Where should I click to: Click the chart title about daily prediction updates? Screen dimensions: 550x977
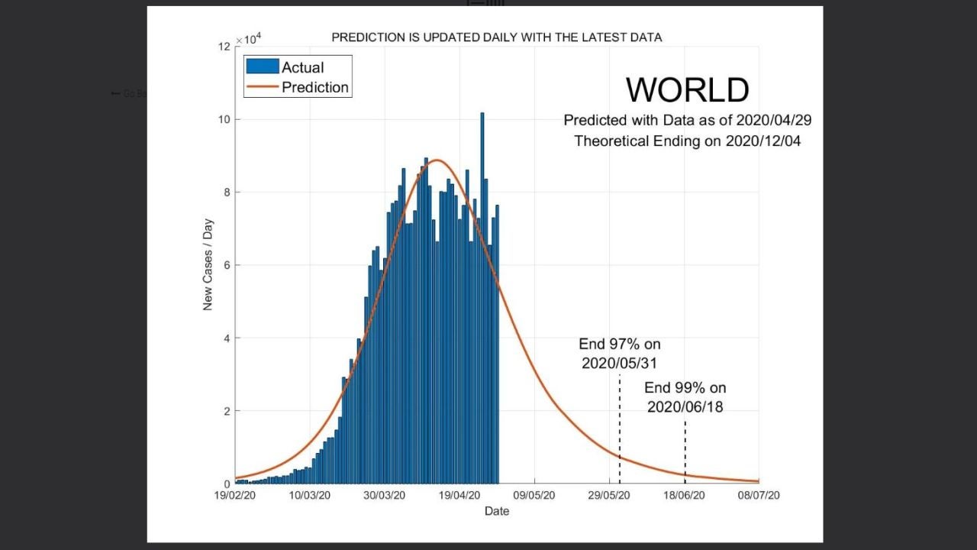pos(496,37)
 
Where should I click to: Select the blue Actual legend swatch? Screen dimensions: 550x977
pos(262,66)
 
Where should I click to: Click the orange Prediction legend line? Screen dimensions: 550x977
pos(262,87)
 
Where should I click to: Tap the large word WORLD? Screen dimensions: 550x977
pos(687,89)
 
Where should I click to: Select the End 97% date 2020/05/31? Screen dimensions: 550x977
pos(619,364)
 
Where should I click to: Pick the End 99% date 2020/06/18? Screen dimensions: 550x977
pos(685,407)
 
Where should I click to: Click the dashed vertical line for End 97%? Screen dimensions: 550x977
pos(619,428)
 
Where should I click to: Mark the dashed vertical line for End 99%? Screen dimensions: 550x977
pos(685,451)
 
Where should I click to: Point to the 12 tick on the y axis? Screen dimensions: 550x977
pos(224,47)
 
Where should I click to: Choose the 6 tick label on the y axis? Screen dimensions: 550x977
pos(227,265)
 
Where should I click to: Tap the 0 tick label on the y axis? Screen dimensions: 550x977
pos(227,484)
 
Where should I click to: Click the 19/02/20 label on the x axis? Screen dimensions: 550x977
pos(235,496)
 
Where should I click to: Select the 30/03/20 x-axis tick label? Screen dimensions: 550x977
pos(385,496)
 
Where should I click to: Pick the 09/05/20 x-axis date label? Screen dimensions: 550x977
pos(534,496)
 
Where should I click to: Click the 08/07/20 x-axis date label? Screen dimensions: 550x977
pos(759,496)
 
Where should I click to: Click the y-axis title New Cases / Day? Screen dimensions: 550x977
pos(208,265)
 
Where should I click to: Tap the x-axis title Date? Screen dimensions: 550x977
pos(496,511)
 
